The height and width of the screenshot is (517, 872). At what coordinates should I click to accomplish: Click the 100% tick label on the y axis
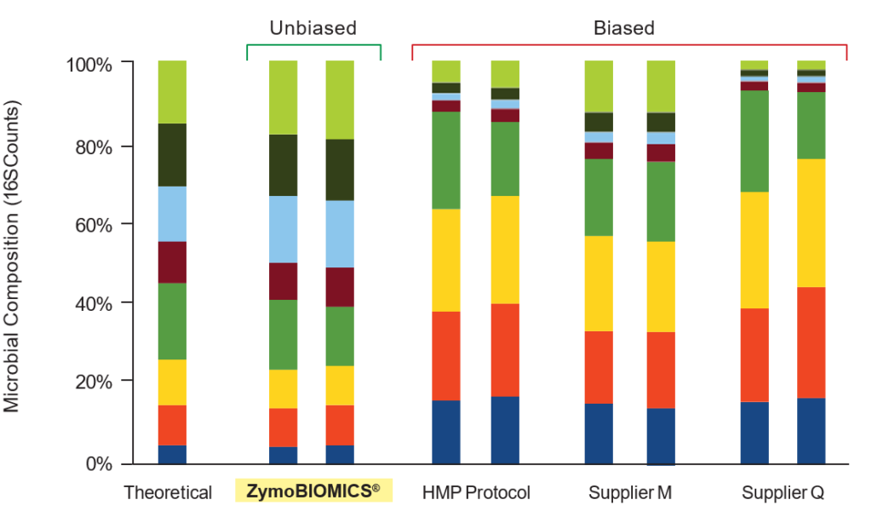tap(89, 65)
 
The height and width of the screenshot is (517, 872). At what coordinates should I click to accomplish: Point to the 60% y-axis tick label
tap(94, 226)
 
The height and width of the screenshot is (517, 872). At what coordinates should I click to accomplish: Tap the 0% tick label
tap(99, 463)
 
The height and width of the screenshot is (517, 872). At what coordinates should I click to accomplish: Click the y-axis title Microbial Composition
tap(12, 256)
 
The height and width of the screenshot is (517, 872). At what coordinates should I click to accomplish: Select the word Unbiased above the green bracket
tap(313, 28)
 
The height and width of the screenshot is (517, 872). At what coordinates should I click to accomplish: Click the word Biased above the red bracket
tap(624, 28)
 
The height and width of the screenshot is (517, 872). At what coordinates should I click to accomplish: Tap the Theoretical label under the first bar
tap(168, 492)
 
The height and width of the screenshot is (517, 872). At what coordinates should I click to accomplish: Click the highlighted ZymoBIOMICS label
tap(313, 491)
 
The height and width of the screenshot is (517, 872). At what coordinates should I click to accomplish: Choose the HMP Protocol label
tap(476, 492)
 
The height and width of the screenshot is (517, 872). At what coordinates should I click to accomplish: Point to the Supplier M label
tap(630, 492)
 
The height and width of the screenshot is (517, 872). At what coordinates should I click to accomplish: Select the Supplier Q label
tap(783, 492)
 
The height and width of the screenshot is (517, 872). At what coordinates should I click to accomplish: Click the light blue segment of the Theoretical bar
tap(172, 214)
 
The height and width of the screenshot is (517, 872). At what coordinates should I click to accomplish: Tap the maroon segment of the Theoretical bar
tap(172, 262)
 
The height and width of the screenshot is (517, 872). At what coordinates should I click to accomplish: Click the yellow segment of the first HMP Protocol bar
tap(446, 260)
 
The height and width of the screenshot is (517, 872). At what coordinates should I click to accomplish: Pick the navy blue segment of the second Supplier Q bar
tap(811, 431)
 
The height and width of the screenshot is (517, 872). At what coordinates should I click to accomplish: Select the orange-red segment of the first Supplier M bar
tap(599, 367)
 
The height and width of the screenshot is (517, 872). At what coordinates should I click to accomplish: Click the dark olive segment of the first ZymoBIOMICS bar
tap(283, 164)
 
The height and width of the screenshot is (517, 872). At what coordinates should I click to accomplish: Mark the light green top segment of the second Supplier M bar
tap(661, 86)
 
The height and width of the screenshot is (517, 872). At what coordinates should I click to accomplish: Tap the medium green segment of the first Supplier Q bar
tap(754, 141)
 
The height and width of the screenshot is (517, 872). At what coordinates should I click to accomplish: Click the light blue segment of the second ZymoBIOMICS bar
tap(340, 233)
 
